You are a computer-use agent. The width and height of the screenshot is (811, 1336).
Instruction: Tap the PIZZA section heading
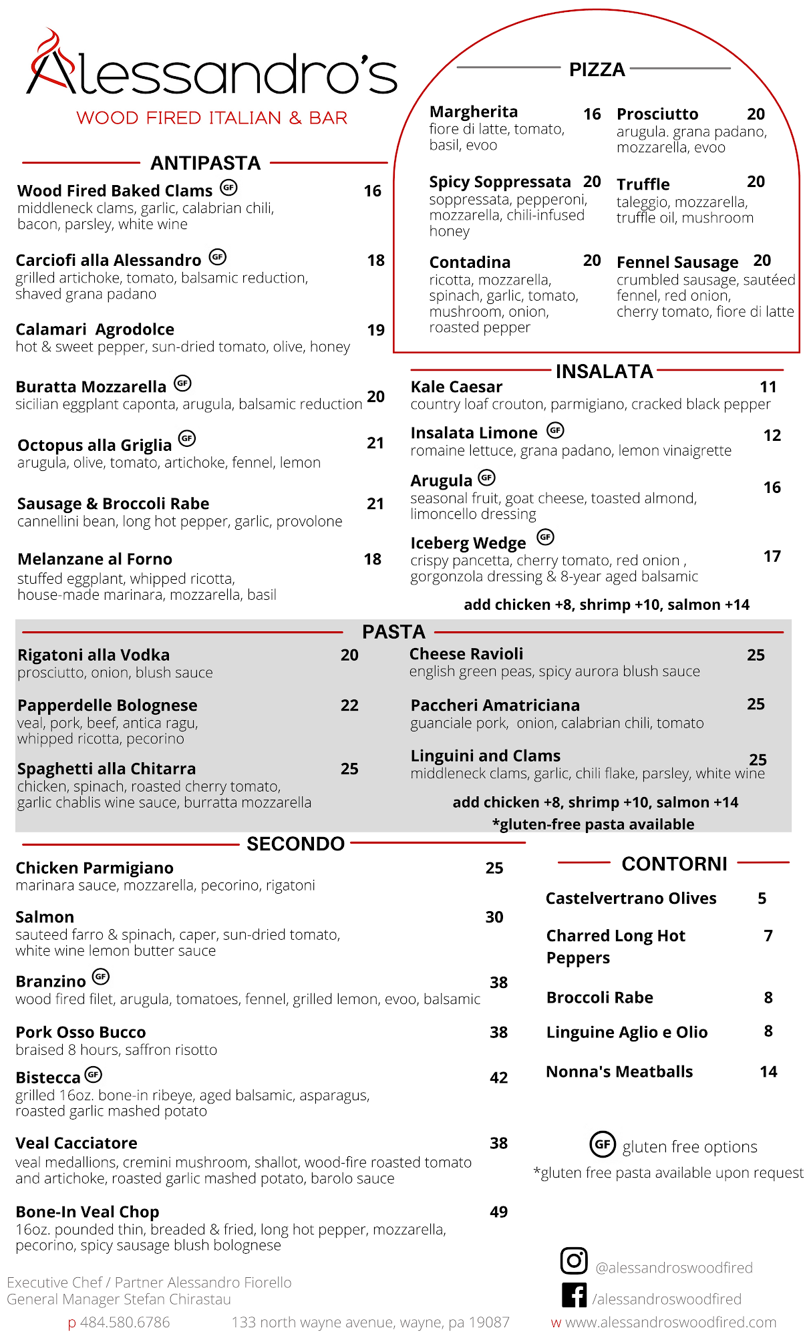click(x=597, y=69)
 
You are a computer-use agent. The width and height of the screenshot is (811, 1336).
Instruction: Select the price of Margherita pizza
click(x=592, y=114)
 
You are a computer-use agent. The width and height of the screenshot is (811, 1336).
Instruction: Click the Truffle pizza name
click(x=643, y=184)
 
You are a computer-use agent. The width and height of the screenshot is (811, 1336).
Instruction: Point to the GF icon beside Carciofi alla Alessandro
click(x=218, y=257)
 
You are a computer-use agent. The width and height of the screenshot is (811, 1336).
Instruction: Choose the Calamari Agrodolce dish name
click(x=95, y=329)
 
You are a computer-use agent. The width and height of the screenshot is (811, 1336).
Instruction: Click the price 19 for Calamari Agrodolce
click(x=376, y=330)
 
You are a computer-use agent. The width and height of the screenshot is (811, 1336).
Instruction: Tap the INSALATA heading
click(x=604, y=371)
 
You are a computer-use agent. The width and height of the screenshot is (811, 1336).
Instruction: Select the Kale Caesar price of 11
click(x=768, y=387)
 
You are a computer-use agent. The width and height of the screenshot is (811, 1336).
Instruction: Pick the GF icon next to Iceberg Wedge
click(x=546, y=537)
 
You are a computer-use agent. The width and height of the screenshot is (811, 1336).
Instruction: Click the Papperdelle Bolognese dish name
click(x=108, y=705)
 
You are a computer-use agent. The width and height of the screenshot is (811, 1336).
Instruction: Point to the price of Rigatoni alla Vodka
click(x=349, y=655)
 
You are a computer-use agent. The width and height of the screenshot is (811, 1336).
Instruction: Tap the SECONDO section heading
click(x=295, y=844)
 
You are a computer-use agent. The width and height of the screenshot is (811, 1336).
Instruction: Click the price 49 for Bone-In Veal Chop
click(x=499, y=1212)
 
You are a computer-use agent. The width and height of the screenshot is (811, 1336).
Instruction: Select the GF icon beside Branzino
click(x=101, y=977)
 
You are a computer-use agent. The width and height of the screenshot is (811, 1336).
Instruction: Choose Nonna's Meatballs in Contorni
click(x=619, y=1071)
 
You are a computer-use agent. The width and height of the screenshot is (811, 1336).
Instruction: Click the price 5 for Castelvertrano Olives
click(x=762, y=898)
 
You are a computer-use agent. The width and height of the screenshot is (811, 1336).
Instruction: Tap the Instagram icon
click(x=574, y=1261)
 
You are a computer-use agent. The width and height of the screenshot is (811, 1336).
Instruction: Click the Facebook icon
click(x=575, y=1295)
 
